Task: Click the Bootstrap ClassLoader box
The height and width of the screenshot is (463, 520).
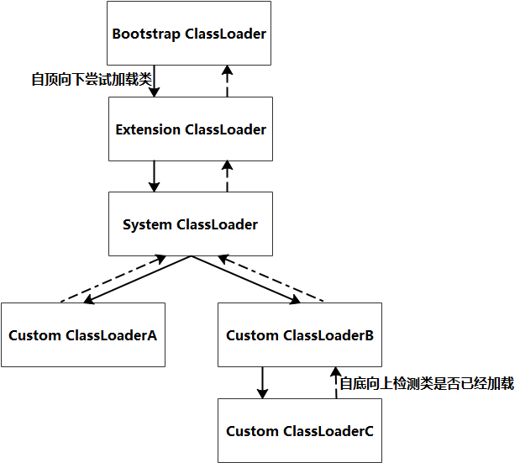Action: (x=190, y=34)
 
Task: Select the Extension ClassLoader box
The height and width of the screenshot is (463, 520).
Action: (x=190, y=129)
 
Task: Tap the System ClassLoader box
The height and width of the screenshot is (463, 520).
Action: (x=190, y=224)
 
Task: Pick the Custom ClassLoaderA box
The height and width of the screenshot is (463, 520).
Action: (x=82, y=335)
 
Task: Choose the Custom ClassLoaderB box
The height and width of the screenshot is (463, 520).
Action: (x=299, y=335)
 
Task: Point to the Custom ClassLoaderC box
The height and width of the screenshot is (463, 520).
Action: (x=299, y=431)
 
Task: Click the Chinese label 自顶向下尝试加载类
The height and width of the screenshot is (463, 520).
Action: (x=91, y=80)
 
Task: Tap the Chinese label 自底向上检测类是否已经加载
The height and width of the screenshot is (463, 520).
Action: (x=426, y=384)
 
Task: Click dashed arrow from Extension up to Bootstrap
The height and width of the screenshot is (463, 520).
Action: (x=226, y=82)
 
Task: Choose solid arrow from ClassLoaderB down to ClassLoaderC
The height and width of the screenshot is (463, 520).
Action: (x=263, y=382)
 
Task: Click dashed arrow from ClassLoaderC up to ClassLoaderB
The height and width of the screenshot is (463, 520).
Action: (x=334, y=382)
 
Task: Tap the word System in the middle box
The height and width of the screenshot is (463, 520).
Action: (x=148, y=225)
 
